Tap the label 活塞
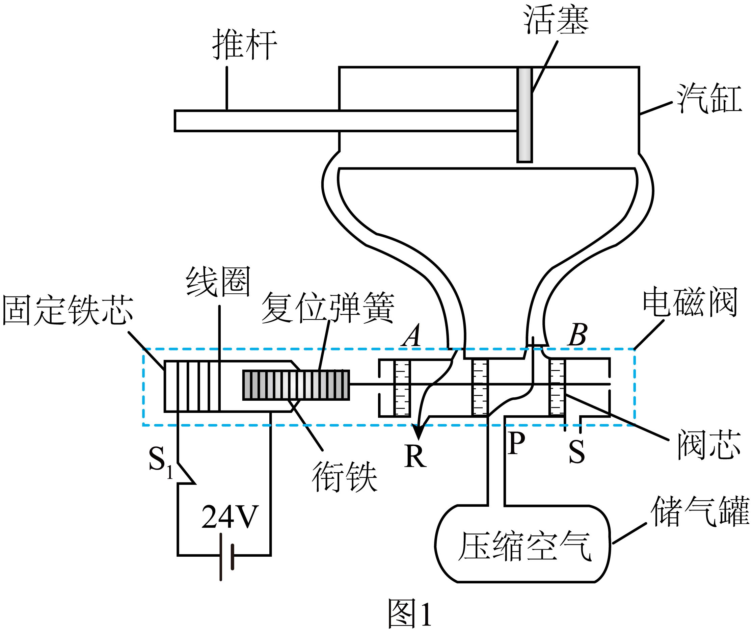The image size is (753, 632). (x=556, y=20)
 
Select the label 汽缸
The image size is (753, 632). (x=709, y=98)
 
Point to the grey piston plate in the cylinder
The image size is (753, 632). (x=524, y=115)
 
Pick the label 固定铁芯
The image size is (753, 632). (x=68, y=310)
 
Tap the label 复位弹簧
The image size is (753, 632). (x=328, y=308)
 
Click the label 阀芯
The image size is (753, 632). (x=709, y=445)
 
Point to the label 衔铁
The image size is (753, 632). (x=345, y=477)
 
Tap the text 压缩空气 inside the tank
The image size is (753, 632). (x=525, y=546)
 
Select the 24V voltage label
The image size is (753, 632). (x=230, y=517)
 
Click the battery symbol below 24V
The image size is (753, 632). (x=227, y=557)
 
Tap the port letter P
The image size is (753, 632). (x=516, y=443)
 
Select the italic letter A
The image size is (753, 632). (x=411, y=335)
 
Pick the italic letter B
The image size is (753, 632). (x=577, y=335)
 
